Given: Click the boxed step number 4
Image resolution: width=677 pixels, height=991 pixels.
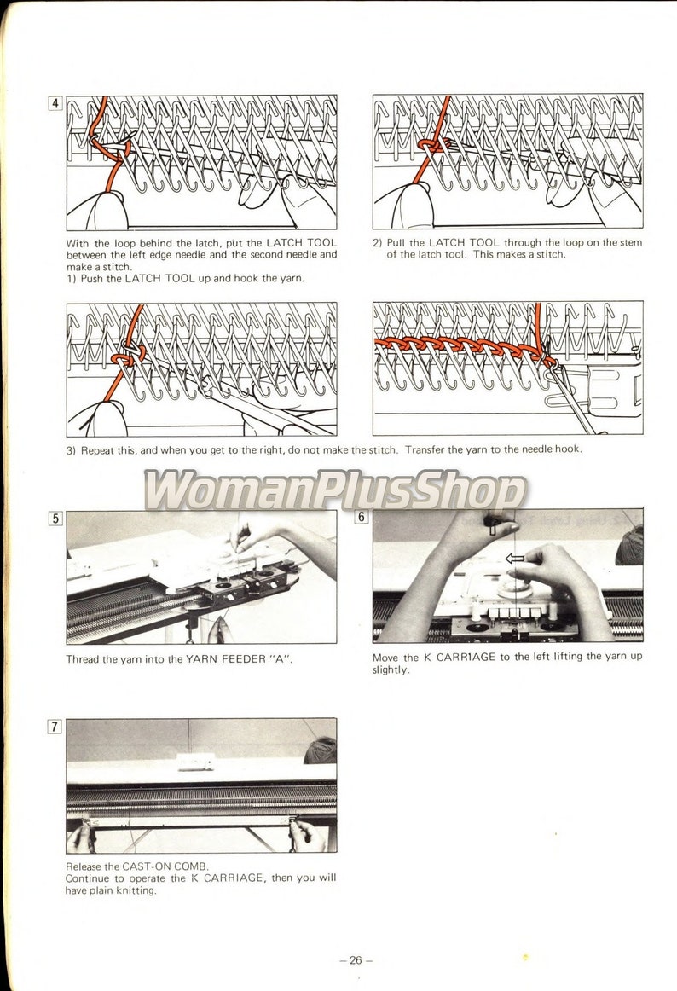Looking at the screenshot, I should [55, 104].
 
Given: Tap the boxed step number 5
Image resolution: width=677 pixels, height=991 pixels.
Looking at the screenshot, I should [55, 518].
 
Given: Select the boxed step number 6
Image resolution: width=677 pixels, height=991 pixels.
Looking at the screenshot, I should [362, 517].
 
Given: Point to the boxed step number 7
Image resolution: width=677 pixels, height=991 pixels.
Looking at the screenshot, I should [55, 727].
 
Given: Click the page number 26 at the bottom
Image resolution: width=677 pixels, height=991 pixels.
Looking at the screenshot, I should [356, 959].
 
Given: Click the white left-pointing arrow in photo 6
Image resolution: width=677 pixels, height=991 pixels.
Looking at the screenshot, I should [514, 559].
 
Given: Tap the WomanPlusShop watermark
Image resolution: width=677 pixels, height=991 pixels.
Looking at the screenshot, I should [334, 490].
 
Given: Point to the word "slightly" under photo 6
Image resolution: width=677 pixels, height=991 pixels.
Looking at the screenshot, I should [391, 669].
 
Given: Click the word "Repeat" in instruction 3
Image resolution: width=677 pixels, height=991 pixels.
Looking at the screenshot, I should [98, 449].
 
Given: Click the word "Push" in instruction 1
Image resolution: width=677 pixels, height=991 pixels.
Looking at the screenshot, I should [95, 278].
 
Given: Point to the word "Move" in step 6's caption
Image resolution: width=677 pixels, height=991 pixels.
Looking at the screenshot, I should [386, 658].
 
